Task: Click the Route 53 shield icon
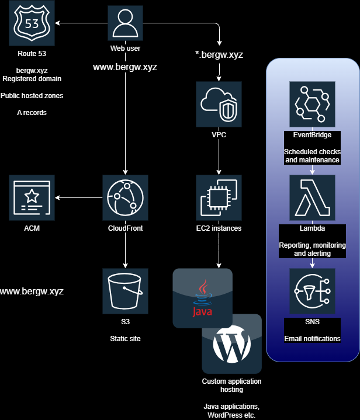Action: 32,23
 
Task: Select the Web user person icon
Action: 125,23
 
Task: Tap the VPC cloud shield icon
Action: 219,104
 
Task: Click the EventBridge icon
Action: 312,104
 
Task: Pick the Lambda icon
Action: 312,197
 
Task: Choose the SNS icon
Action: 312,291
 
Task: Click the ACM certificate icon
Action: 32,197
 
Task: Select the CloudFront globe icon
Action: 125,197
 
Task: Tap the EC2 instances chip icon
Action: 219,197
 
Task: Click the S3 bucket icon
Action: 125,291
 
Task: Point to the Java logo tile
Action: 202,298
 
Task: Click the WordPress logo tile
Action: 231,345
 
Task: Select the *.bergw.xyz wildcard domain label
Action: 219,55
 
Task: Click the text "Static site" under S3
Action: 125,338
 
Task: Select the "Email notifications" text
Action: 312,339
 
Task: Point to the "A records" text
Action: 32,112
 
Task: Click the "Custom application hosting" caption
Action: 231,386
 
